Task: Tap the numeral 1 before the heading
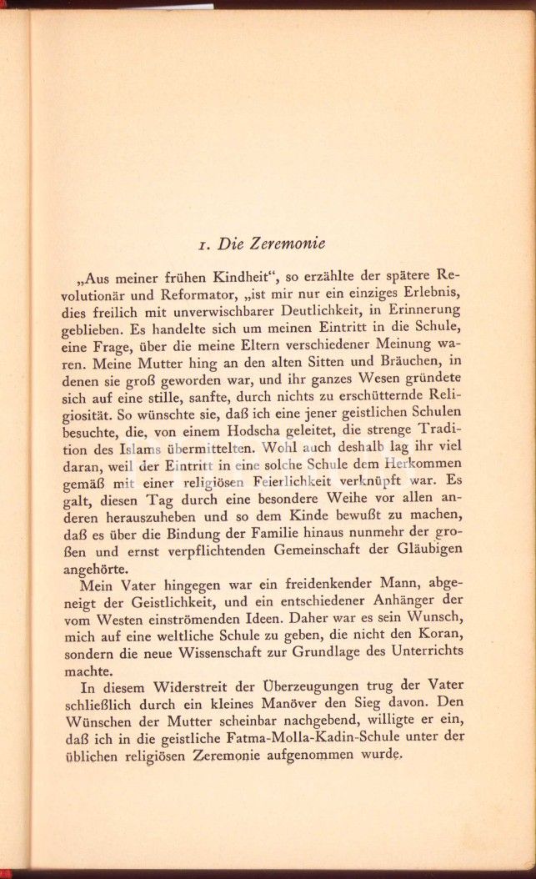click(194, 246)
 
